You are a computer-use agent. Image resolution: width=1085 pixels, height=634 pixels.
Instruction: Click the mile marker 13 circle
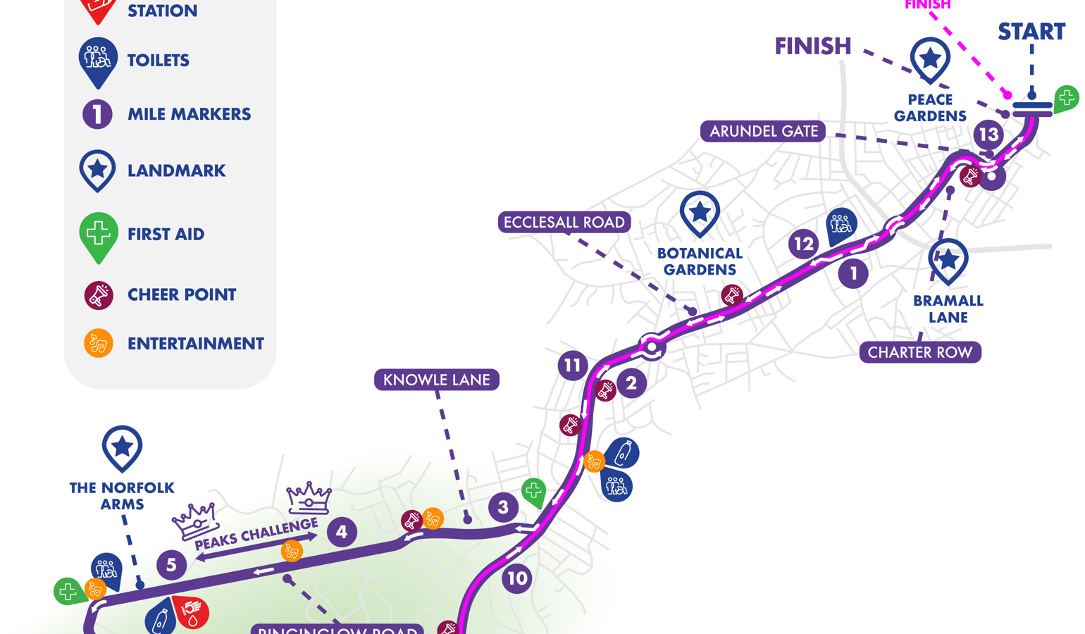click(x=988, y=134)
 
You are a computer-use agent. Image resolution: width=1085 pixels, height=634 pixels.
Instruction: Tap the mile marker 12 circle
click(x=803, y=244)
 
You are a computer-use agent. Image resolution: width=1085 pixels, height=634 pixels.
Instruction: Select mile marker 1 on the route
click(x=853, y=273)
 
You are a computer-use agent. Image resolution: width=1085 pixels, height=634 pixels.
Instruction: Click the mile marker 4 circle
click(x=342, y=532)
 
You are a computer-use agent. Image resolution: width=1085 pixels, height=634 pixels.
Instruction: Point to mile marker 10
click(x=517, y=578)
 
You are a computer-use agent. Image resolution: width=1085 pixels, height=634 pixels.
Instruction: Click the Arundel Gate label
click(x=763, y=131)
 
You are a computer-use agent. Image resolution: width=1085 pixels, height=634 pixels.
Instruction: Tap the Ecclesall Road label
click(x=564, y=222)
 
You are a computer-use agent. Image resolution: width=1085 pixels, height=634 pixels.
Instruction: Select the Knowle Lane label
click(x=436, y=380)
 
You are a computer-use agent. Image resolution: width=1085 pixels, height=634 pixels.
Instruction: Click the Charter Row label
click(x=919, y=352)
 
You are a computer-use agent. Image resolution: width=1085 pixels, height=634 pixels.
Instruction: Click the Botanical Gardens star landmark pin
click(x=700, y=212)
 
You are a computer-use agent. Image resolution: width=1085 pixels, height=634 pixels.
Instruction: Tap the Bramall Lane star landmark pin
click(x=948, y=260)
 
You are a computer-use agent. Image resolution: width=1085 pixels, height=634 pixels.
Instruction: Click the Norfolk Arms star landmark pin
click(x=122, y=447)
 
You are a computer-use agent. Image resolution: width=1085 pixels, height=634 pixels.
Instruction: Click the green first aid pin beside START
click(x=1066, y=99)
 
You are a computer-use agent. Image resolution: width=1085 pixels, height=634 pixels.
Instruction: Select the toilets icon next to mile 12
click(x=841, y=225)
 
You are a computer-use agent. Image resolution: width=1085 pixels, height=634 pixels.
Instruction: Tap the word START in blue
click(x=1031, y=32)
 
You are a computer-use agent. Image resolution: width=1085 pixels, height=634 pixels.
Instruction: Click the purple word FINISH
click(x=812, y=46)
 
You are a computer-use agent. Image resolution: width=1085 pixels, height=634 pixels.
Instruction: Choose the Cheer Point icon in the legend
click(x=99, y=294)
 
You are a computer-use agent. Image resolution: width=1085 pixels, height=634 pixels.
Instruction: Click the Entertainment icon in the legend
click(x=99, y=344)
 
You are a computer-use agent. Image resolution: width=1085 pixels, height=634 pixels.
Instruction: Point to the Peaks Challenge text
click(x=256, y=535)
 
